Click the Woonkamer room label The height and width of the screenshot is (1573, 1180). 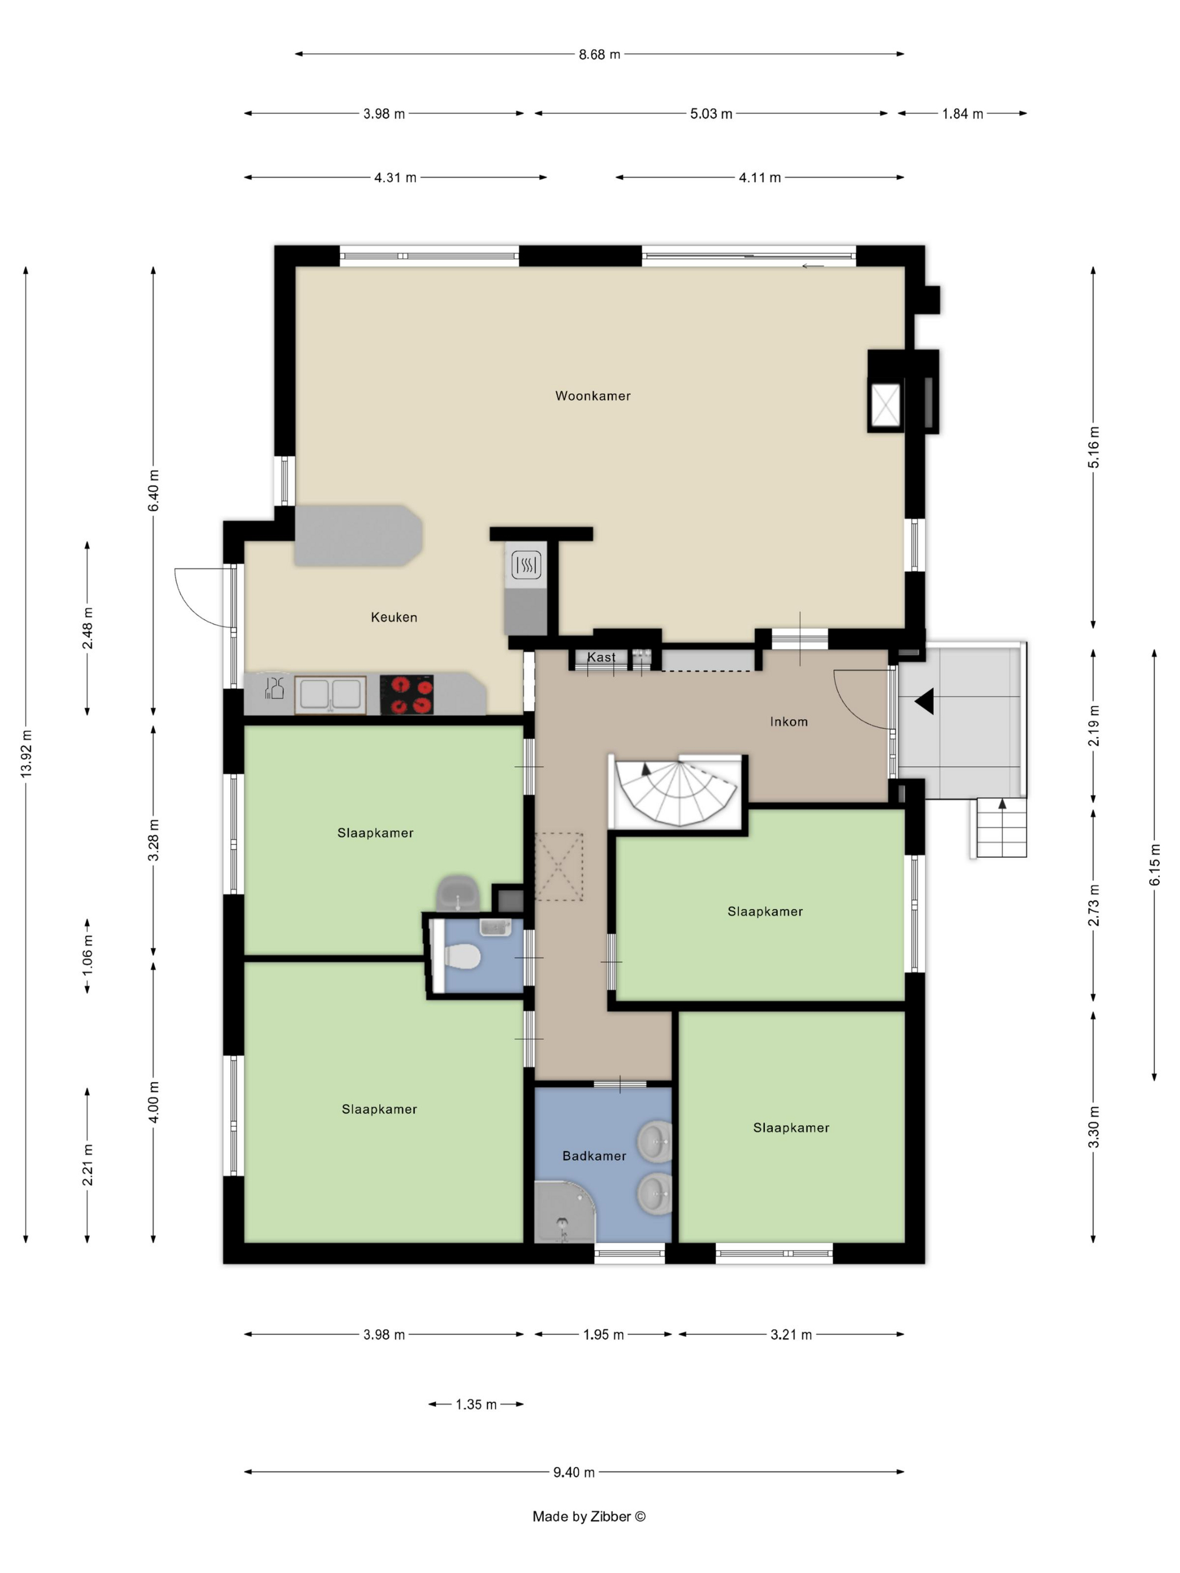click(x=592, y=396)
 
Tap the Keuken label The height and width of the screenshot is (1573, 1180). click(x=393, y=617)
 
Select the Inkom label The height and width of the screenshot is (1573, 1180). click(x=788, y=722)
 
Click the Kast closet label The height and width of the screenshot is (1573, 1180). click(x=601, y=657)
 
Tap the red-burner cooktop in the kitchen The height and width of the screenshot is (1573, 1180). click(x=407, y=695)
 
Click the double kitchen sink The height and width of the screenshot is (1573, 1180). click(x=330, y=695)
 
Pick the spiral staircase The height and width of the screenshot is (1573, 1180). click(x=676, y=793)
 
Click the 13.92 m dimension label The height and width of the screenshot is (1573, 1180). click(x=26, y=753)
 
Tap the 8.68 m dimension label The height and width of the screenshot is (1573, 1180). click(x=599, y=54)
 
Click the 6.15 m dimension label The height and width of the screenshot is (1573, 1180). click(x=1154, y=865)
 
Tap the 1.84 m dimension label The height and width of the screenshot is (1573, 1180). click(x=963, y=114)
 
